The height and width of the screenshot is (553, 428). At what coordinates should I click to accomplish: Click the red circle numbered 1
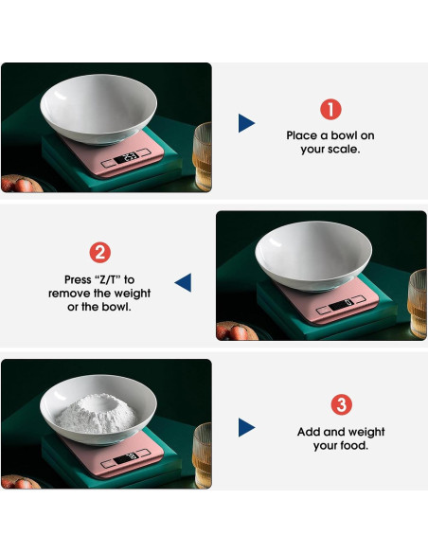[x=330, y=109]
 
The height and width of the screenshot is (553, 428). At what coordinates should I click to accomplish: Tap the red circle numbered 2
[x=99, y=253]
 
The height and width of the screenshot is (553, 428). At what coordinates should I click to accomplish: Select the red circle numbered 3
[x=341, y=405]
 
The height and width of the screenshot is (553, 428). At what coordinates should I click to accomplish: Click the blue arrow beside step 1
[x=246, y=122]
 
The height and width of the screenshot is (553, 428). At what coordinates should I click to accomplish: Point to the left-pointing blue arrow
[x=183, y=281]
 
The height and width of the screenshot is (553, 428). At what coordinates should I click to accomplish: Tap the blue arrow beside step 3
[x=246, y=428]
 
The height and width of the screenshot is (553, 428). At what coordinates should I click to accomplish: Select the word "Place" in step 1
[x=303, y=135]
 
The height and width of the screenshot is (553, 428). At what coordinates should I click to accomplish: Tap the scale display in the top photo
[x=132, y=156]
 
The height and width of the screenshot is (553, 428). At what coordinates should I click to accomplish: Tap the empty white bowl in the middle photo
[x=315, y=253]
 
